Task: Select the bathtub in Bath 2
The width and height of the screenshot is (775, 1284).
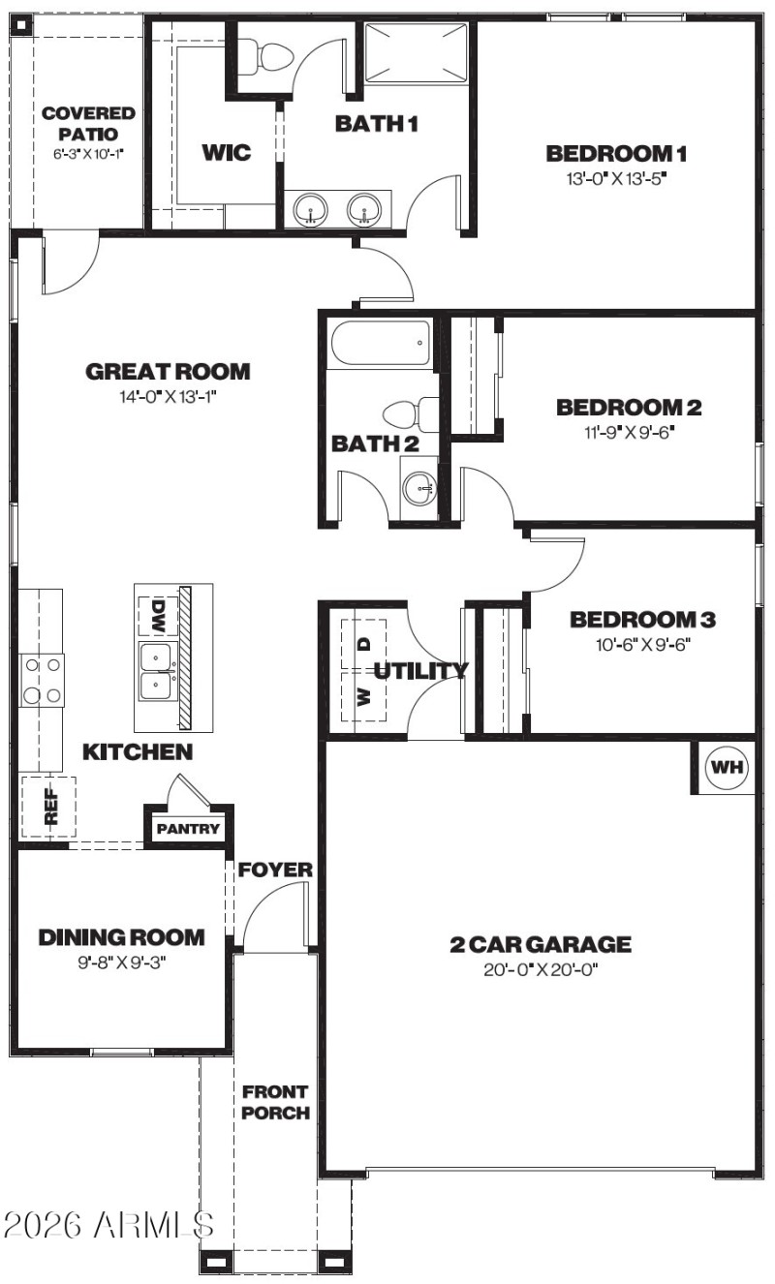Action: (x=380, y=343)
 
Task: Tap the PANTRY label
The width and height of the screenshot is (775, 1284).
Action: (x=189, y=829)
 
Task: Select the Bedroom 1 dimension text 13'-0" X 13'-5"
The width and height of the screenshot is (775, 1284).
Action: (x=617, y=178)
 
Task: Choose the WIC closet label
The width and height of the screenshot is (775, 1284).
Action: (x=226, y=152)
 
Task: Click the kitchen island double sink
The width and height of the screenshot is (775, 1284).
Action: (x=156, y=672)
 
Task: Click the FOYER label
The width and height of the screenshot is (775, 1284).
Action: (x=276, y=870)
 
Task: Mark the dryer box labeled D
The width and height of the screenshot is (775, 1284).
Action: (x=364, y=643)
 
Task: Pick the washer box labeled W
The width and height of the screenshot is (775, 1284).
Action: (x=364, y=697)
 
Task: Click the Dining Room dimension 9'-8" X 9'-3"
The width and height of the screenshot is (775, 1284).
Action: (x=121, y=962)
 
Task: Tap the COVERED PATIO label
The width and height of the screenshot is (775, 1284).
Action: (x=88, y=124)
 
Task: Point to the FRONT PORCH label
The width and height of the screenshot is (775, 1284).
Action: (x=275, y=1102)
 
